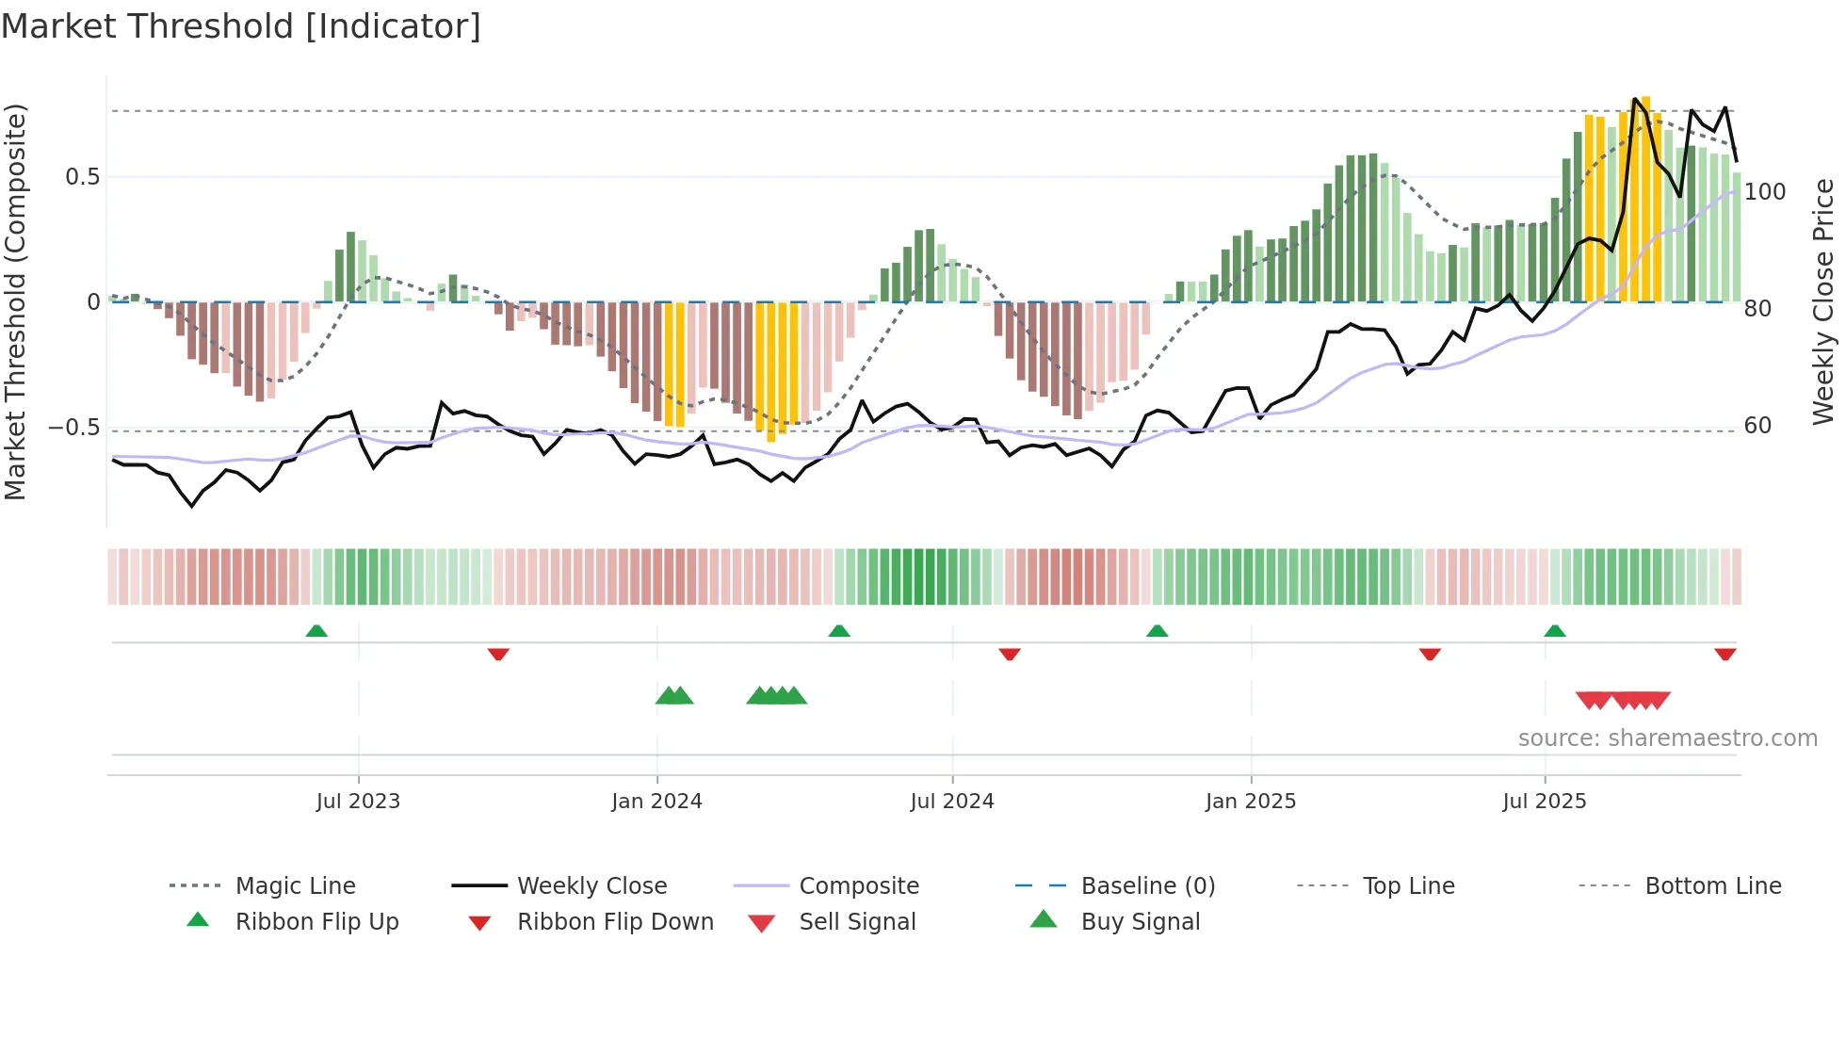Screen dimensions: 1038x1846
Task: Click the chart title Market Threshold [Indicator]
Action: [241, 26]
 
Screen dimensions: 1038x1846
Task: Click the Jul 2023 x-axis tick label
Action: [358, 802]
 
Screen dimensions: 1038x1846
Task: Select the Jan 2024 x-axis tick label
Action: [656, 802]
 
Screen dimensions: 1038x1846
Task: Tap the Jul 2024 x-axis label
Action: [952, 802]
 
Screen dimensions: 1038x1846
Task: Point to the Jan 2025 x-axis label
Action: [1251, 802]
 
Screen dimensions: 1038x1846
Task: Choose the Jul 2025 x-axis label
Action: [1545, 802]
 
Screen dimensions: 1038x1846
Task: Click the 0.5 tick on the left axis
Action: [83, 177]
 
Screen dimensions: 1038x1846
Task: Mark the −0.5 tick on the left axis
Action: [74, 428]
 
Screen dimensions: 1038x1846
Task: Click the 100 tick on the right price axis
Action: [1764, 192]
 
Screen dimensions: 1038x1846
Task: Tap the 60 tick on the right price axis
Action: [1757, 426]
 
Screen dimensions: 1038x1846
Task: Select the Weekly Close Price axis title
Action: [1823, 301]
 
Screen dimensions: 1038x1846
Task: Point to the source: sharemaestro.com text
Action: [1667, 738]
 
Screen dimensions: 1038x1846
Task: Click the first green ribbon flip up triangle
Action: [316, 631]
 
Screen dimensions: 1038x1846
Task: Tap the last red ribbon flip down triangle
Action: [1725, 654]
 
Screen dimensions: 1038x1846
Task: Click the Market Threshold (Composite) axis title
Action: [15, 301]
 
